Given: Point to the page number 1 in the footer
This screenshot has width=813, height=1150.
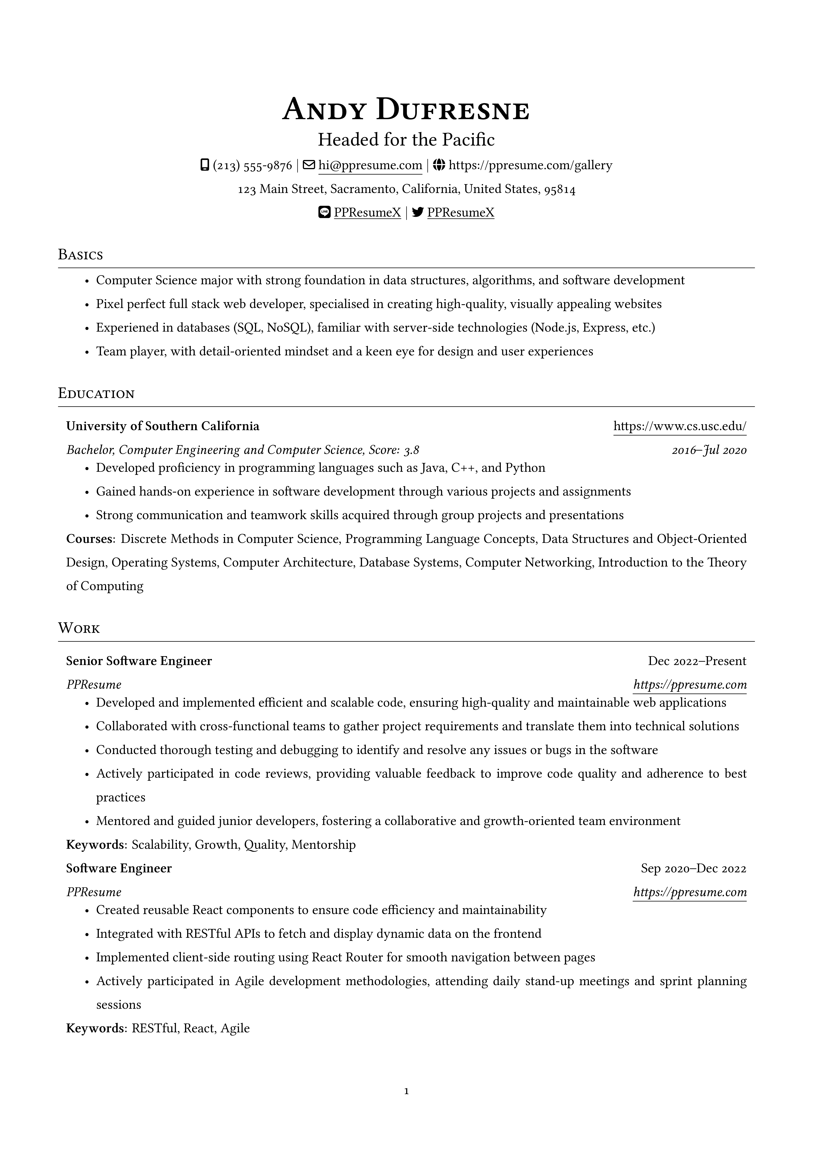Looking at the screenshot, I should click(406, 1091).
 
